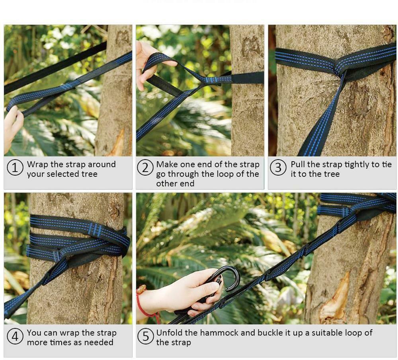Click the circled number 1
(15, 168)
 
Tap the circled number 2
(145, 168)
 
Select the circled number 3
(278, 168)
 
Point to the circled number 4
(15, 337)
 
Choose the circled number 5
(145, 337)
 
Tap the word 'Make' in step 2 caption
(167, 164)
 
